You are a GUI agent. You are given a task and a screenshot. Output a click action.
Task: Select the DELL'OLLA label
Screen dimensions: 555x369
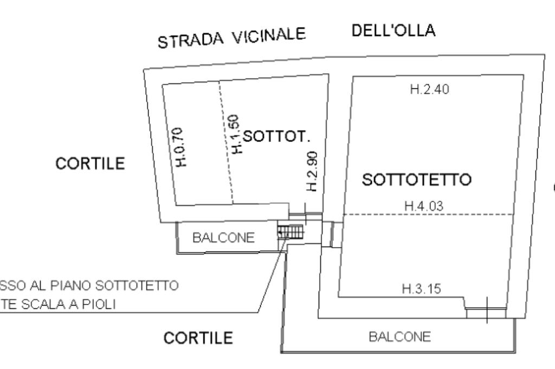coord(393,31)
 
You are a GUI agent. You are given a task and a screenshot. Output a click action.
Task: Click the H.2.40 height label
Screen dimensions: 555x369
coord(429,90)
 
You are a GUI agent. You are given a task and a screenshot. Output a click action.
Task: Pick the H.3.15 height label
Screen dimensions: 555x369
coord(421,289)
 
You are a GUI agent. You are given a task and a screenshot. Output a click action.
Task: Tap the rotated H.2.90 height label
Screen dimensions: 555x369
coord(312,171)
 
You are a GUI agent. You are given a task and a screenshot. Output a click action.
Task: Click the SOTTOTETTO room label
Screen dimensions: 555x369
coord(416,180)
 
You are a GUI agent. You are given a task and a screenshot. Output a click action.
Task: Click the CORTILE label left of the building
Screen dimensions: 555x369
coord(90,163)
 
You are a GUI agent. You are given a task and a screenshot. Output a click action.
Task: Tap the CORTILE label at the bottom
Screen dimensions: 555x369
coord(198,338)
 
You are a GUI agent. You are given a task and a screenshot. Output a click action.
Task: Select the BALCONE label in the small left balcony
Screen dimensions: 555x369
coord(224,238)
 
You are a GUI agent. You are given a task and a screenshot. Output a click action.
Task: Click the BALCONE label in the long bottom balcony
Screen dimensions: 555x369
coord(400,337)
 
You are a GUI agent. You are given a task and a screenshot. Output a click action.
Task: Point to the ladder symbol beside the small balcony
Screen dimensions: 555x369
coord(291,232)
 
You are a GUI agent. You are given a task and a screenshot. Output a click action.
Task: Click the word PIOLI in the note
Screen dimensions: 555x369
coord(99,305)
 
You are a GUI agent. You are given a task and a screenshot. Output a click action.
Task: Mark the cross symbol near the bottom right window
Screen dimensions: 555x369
coord(487,309)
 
